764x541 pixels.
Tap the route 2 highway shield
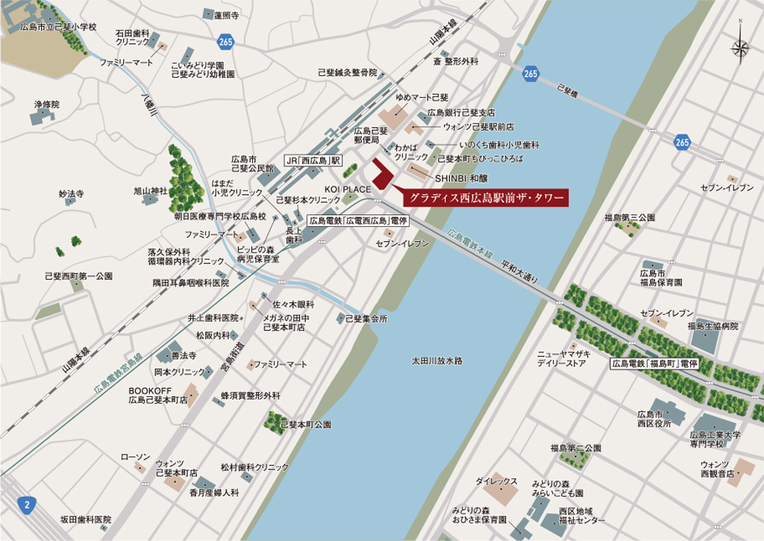(28, 504)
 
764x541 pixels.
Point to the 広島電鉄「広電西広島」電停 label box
(358, 221)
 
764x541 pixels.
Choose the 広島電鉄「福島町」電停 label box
(654, 364)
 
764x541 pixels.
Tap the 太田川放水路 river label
(437, 360)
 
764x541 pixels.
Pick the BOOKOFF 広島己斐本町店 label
(156, 395)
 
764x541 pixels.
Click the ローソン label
(135, 457)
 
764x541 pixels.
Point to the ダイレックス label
(496, 481)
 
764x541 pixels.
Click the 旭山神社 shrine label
(151, 191)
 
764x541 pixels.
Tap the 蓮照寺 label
(225, 15)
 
